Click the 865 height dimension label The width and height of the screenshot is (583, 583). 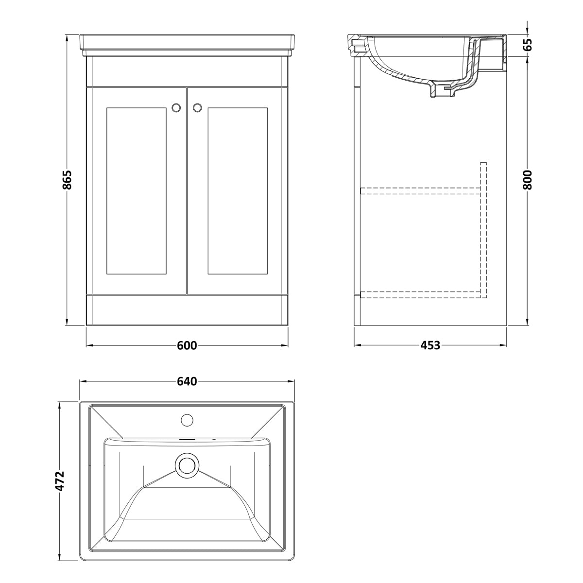(x=67, y=180)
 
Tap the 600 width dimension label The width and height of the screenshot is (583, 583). (x=187, y=345)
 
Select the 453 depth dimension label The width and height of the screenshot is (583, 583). (x=430, y=345)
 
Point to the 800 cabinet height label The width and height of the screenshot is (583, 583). (x=527, y=180)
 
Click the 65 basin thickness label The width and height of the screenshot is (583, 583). (x=527, y=45)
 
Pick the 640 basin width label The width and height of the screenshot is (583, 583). (x=187, y=381)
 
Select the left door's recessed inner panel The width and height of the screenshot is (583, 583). (x=137, y=191)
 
